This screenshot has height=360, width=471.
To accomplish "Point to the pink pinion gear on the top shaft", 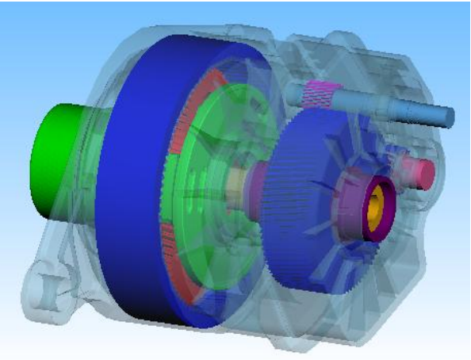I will [322, 94].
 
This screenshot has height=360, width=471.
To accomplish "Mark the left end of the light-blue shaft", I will [291, 91].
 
